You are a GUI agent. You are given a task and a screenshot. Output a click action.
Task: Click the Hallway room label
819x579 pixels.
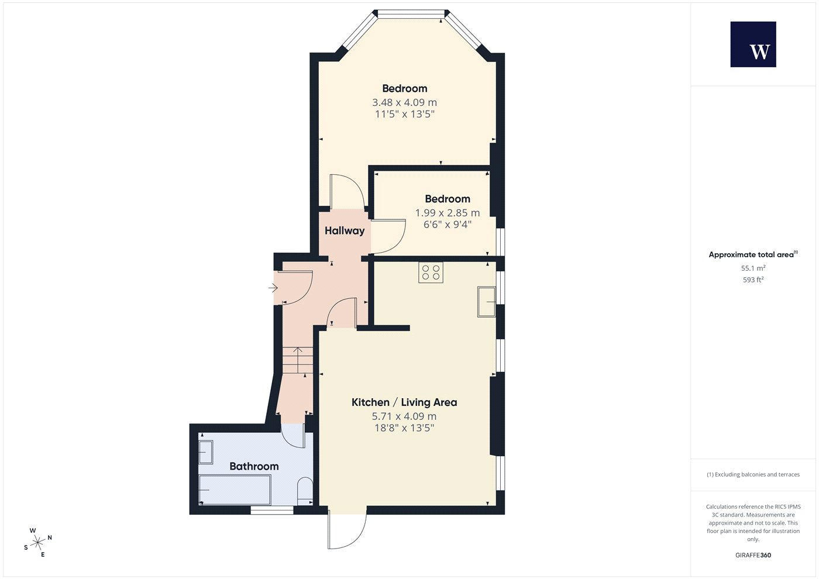point(345,230)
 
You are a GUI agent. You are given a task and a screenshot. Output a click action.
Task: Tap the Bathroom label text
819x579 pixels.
point(254,466)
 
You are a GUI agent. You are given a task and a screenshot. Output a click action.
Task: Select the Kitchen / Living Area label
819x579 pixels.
point(404,402)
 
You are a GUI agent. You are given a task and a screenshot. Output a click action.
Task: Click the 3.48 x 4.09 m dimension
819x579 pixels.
point(404,102)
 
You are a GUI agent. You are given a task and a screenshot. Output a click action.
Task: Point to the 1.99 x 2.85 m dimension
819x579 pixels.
point(448,213)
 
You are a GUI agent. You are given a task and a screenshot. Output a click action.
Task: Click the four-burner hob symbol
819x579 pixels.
point(431,273)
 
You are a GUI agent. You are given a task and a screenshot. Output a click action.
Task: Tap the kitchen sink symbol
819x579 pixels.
point(487,302)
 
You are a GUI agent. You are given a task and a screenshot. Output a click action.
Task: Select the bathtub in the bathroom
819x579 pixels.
point(235,490)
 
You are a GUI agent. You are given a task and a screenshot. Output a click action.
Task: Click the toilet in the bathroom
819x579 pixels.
point(305,492)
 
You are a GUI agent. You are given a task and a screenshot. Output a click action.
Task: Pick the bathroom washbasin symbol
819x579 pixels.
point(206,452)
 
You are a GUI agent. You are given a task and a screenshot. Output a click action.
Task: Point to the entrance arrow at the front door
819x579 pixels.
point(273,288)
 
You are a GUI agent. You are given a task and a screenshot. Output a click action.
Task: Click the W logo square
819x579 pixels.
point(753,44)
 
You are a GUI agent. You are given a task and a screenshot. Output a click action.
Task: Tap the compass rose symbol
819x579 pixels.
point(37,543)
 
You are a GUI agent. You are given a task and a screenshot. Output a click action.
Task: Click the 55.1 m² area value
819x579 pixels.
point(753,268)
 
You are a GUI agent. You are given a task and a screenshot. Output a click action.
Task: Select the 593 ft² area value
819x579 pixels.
point(753,280)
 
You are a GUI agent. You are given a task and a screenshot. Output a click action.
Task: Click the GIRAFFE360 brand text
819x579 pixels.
point(753,555)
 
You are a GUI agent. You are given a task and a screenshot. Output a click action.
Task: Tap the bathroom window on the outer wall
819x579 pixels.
point(272,510)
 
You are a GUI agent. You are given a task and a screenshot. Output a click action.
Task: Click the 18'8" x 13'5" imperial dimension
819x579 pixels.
point(404,428)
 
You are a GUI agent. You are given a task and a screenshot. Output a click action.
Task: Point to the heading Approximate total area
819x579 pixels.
point(751,255)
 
